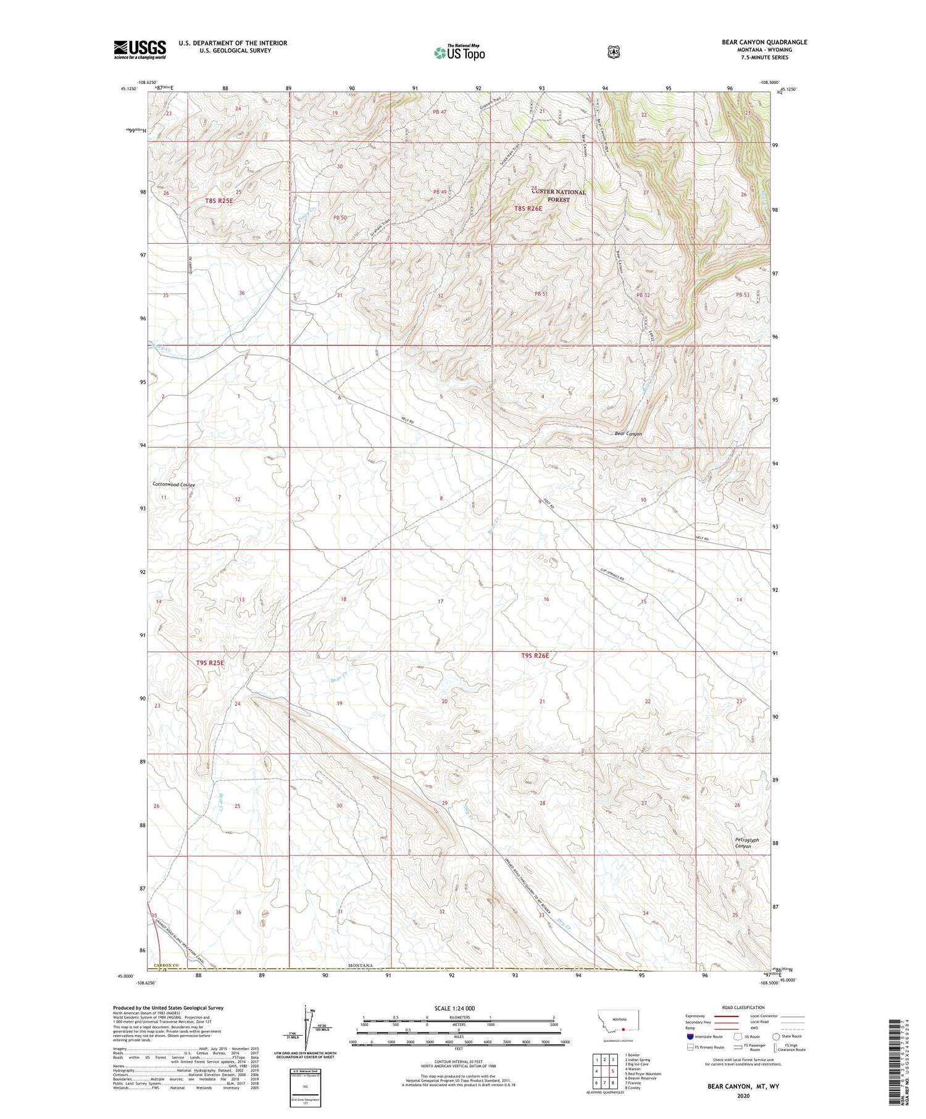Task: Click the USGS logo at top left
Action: [x=140, y=49]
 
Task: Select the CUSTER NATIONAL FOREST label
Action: [x=558, y=196]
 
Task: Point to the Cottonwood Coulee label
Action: [x=173, y=485]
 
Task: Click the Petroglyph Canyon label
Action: [x=746, y=843]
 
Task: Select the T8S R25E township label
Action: [x=219, y=201]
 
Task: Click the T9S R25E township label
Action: [x=210, y=663]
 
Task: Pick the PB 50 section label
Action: [x=340, y=218]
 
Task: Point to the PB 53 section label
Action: [x=742, y=295]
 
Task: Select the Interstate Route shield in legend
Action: [x=690, y=1036]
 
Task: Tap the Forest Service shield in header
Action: [x=613, y=52]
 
